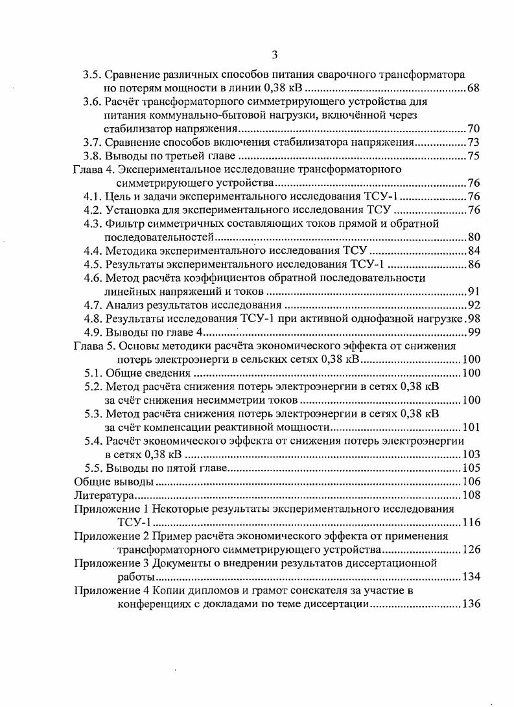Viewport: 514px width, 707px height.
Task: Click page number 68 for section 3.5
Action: point(473,87)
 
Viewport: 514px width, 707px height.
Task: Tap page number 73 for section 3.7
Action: point(473,142)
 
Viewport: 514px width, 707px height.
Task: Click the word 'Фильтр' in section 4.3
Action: point(124,224)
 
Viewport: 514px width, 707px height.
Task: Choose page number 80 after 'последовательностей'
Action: point(473,237)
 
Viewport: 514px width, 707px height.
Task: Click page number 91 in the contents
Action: point(473,292)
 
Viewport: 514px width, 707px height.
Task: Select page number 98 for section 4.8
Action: point(473,319)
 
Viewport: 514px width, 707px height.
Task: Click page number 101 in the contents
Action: point(471,428)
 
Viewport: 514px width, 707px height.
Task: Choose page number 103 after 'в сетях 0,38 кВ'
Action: point(471,455)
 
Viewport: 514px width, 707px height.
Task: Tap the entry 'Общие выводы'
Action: point(114,482)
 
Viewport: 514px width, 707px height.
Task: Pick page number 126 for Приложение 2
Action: point(471,550)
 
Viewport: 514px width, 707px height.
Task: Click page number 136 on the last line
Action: point(471,605)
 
